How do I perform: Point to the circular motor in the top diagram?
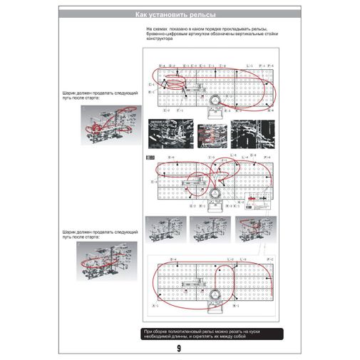pyautogui.click(x=213, y=102)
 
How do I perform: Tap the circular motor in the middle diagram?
pyautogui.click(x=214, y=193)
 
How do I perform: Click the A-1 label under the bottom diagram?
pyautogui.click(x=154, y=304)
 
